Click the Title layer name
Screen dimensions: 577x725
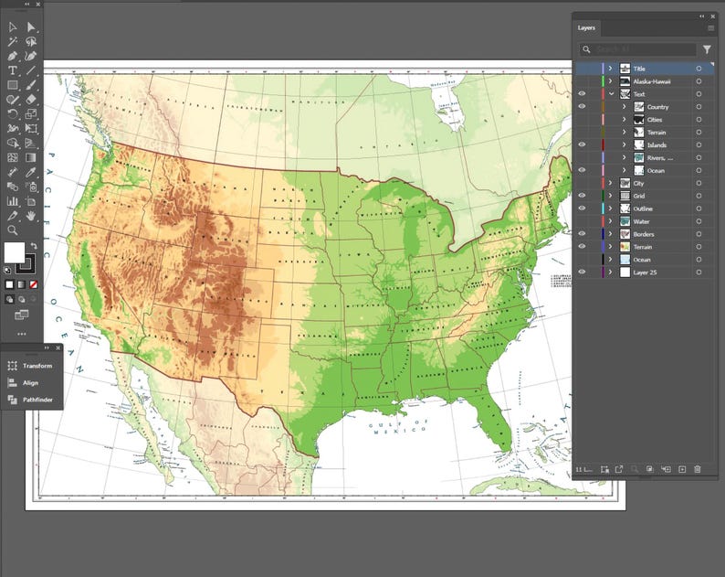tap(639, 69)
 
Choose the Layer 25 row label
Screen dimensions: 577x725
tap(645, 272)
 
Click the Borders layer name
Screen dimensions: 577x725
tap(644, 234)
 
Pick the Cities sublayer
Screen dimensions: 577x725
tap(655, 120)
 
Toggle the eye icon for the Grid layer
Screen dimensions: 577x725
tap(582, 196)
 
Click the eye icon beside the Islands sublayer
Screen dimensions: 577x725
tap(582, 144)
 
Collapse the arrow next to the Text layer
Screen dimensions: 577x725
tap(611, 94)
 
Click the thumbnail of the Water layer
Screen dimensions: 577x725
tap(625, 221)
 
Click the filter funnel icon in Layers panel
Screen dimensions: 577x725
tap(707, 49)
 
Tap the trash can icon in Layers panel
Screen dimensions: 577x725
tap(697, 469)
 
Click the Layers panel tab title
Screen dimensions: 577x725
tap(586, 27)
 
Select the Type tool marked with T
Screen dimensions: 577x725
tap(12, 70)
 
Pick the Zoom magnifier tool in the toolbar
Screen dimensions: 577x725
tap(12, 230)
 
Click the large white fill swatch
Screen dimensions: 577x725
tap(15, 252)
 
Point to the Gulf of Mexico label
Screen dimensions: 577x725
tap(397, 427)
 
